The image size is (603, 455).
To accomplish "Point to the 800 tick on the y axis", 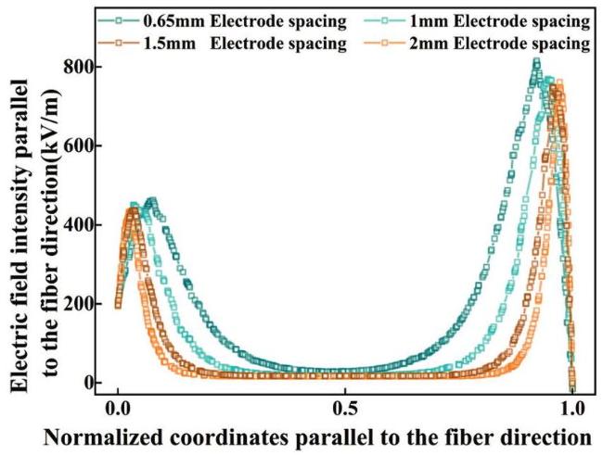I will [x=83, y=68].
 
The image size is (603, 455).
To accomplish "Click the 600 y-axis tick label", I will [x=83, y=146].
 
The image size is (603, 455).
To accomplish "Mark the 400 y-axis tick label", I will [x=83, y=225].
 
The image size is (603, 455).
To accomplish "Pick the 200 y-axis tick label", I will [x=83, y=304].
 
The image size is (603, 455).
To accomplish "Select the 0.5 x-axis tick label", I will [x=345, y=408].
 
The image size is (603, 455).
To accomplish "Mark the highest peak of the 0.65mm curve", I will [x=536, y=62].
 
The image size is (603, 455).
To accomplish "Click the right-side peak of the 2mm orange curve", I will [x=558, y=83].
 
